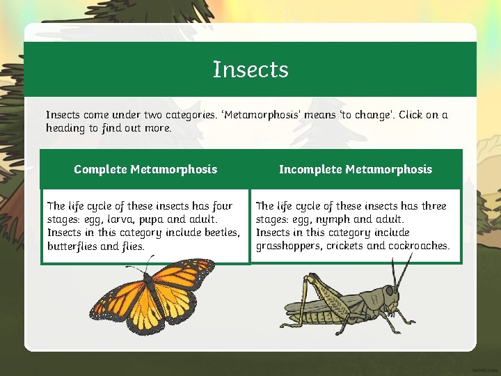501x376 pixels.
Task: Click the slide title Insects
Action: (250, 70)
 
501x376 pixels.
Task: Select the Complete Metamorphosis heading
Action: (145, 169)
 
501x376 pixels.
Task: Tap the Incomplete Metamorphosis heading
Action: (356, 169)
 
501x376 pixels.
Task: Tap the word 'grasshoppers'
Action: (289, 246)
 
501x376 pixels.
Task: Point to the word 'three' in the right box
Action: (432, 206)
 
